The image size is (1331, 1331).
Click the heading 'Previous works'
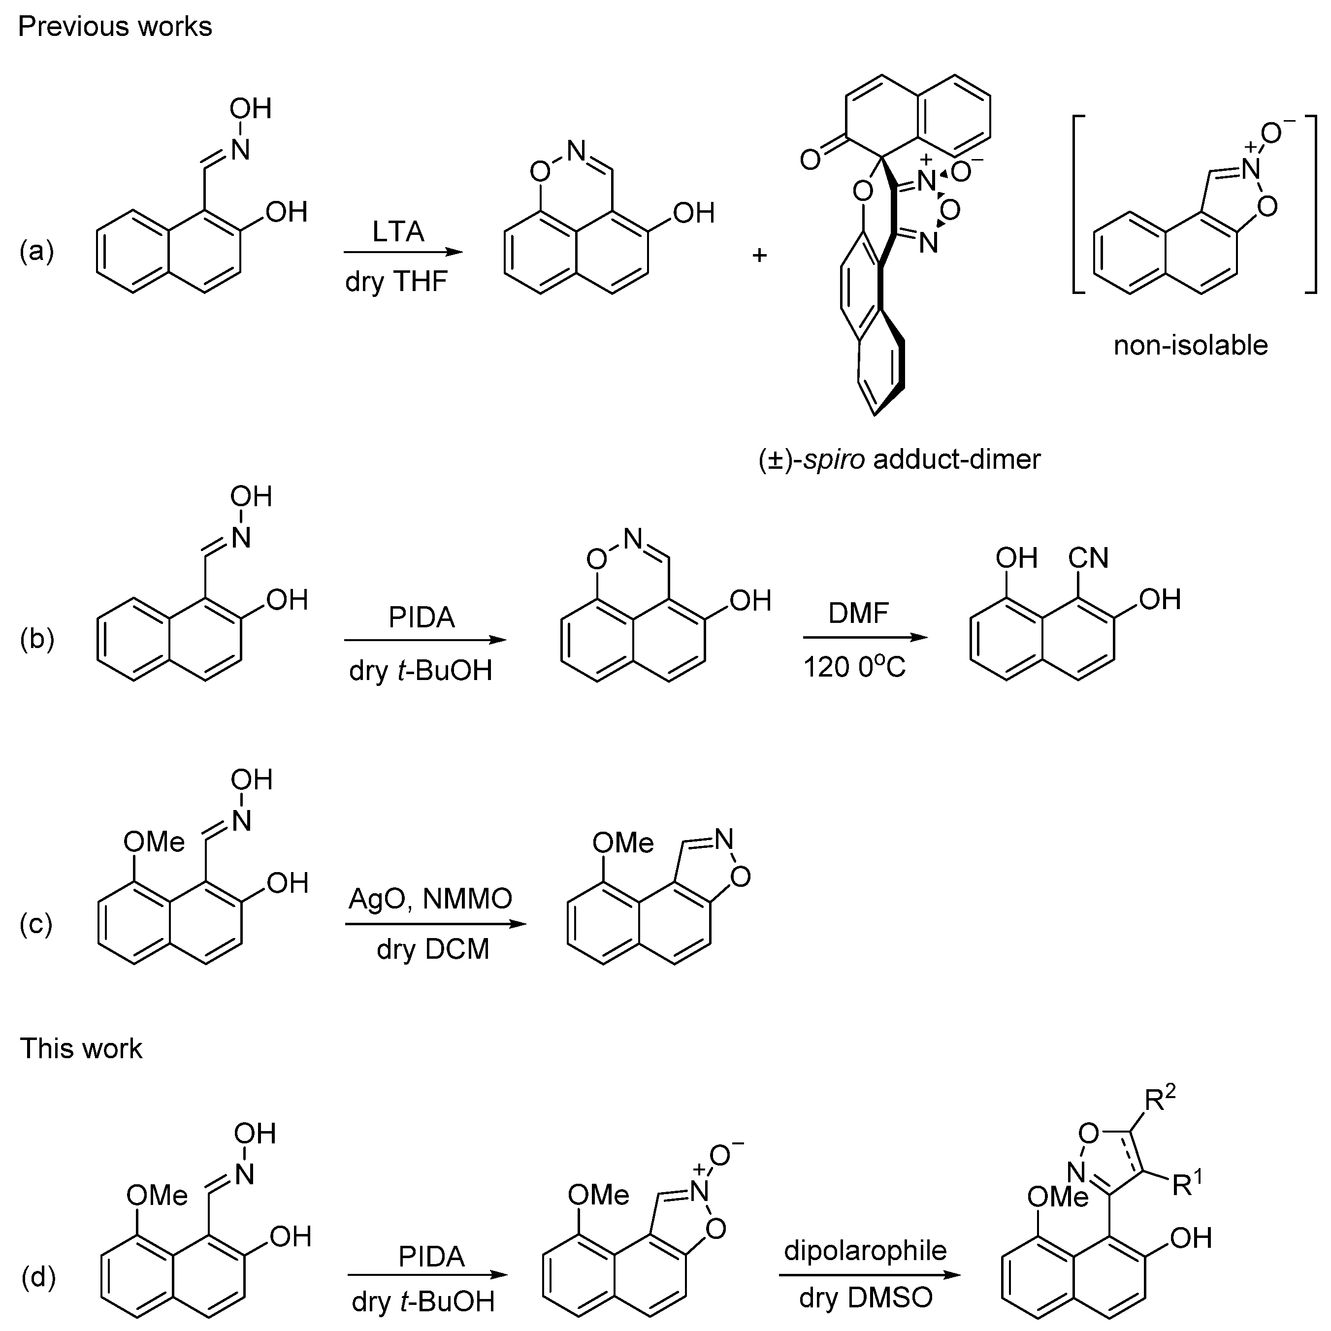115,27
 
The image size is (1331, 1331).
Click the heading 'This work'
81,1048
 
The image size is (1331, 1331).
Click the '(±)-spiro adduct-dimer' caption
899,458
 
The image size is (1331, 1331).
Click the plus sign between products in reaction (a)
759,256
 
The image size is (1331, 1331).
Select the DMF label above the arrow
858,613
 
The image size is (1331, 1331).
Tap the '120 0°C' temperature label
854,667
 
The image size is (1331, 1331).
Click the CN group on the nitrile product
1089,558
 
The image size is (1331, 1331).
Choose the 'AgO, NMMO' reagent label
430,898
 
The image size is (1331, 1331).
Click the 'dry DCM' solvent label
433,949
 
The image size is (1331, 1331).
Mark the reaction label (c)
36,924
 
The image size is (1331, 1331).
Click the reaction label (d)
38,1276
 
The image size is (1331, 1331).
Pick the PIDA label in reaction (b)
422,617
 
